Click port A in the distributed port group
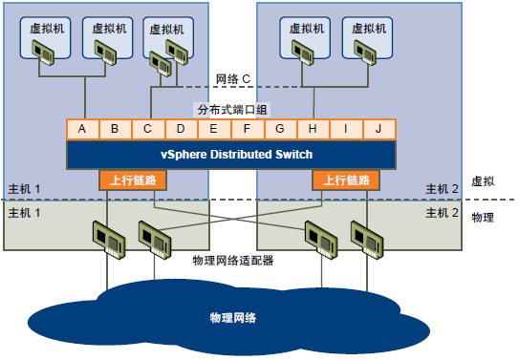pos(82,128)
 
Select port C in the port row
pos(147,128)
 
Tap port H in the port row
pos(312,128)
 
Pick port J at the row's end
pos(378,128)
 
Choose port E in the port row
pos(213,128)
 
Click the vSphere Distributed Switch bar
pos(230,154)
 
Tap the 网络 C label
pos(232,78)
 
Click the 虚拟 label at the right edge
pos(483,180)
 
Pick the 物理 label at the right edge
pos(483,218)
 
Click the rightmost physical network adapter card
pos(367,239)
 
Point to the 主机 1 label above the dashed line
pos(24,188)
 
